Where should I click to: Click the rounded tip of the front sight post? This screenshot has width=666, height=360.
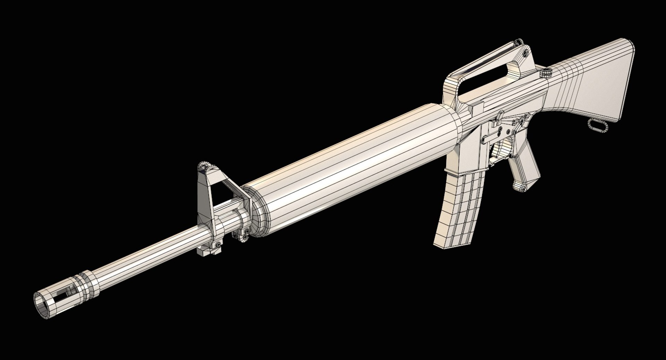207,166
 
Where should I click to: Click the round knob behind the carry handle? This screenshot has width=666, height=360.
547,72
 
